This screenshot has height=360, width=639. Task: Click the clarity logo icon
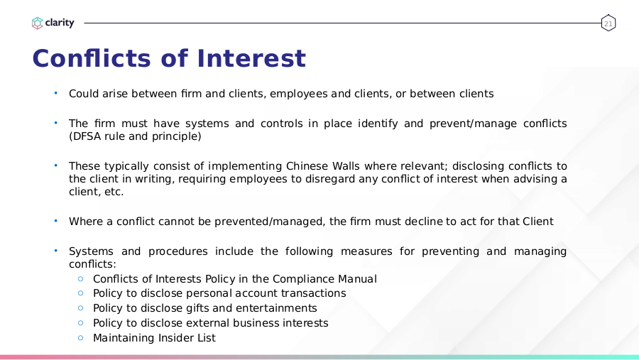coord(37,23)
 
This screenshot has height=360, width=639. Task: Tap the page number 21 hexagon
coord(608,23)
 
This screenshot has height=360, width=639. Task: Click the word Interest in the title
coord(251,58)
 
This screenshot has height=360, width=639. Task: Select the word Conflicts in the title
coord(92,58)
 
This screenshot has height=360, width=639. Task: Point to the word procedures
coord(177,251)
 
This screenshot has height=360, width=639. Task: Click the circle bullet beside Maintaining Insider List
coord(81,337)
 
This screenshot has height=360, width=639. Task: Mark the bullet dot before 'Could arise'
coord(56,93)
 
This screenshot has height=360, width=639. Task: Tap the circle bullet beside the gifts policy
coord(81,308)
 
